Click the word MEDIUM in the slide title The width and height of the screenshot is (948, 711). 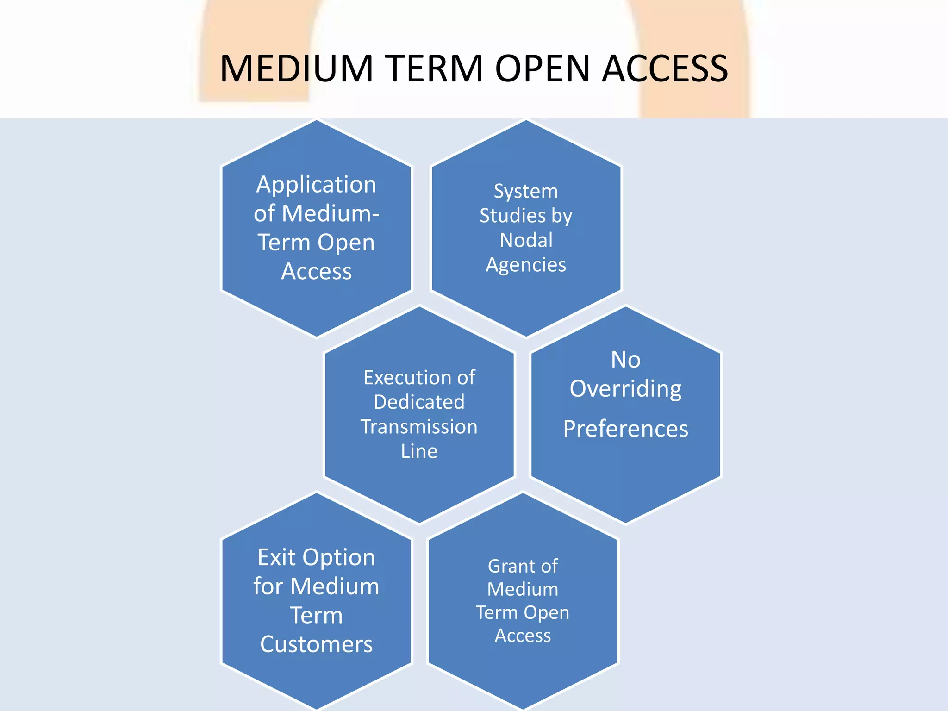296,69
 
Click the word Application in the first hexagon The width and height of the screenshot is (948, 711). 316,185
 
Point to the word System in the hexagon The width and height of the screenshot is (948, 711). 526,191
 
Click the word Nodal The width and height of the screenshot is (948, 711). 526,240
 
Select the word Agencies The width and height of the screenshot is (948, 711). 526,265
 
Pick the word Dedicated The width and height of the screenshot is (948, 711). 419,402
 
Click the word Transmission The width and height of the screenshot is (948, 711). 419,426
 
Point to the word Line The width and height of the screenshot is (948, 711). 419,451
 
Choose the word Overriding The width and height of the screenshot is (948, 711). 625,389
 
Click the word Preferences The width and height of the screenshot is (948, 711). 625,429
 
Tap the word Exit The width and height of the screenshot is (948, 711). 276,557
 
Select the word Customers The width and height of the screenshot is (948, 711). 316,644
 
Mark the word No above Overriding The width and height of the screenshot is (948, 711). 625,360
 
